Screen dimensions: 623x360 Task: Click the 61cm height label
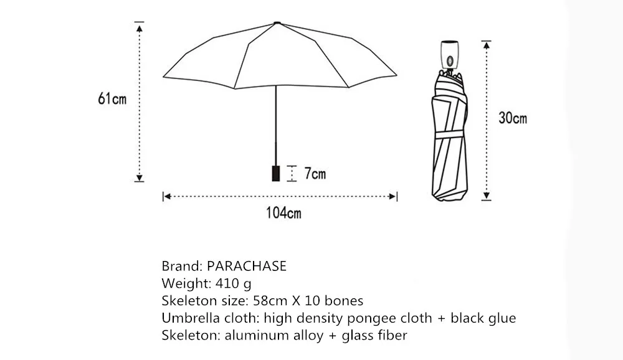112,99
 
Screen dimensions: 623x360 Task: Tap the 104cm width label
283,213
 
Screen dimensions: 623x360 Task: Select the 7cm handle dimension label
315,174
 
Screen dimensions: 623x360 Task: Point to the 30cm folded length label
513,117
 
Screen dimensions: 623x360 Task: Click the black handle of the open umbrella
275,173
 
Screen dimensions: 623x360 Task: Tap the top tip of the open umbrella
276,24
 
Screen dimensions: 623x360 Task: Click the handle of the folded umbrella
449,55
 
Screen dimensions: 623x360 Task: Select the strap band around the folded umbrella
450,135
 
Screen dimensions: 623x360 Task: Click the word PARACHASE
247,266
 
